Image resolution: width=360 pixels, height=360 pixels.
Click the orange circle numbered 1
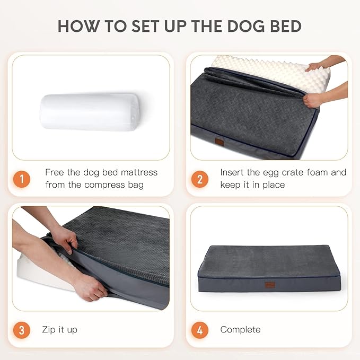pyautogui.click(x=21, y=179)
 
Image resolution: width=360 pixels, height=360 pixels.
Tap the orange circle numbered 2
pyautogui.click(x=199, y=179)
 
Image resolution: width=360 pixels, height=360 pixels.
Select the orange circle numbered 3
pyautogui.click(x=21, y=330)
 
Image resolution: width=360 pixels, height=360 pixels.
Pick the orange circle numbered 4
pyautogui.click(x=199, y=330)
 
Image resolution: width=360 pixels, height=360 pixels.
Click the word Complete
pyautogui.click(x=240, y=330)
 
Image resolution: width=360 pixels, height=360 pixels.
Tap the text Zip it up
pyautogui.click(x=59, y=330)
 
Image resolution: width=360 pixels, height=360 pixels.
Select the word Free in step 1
pyautogui.click(x=55, y=172)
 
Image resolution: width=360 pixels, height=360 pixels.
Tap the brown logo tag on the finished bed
pyautogui.click(x=270, y=285)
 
